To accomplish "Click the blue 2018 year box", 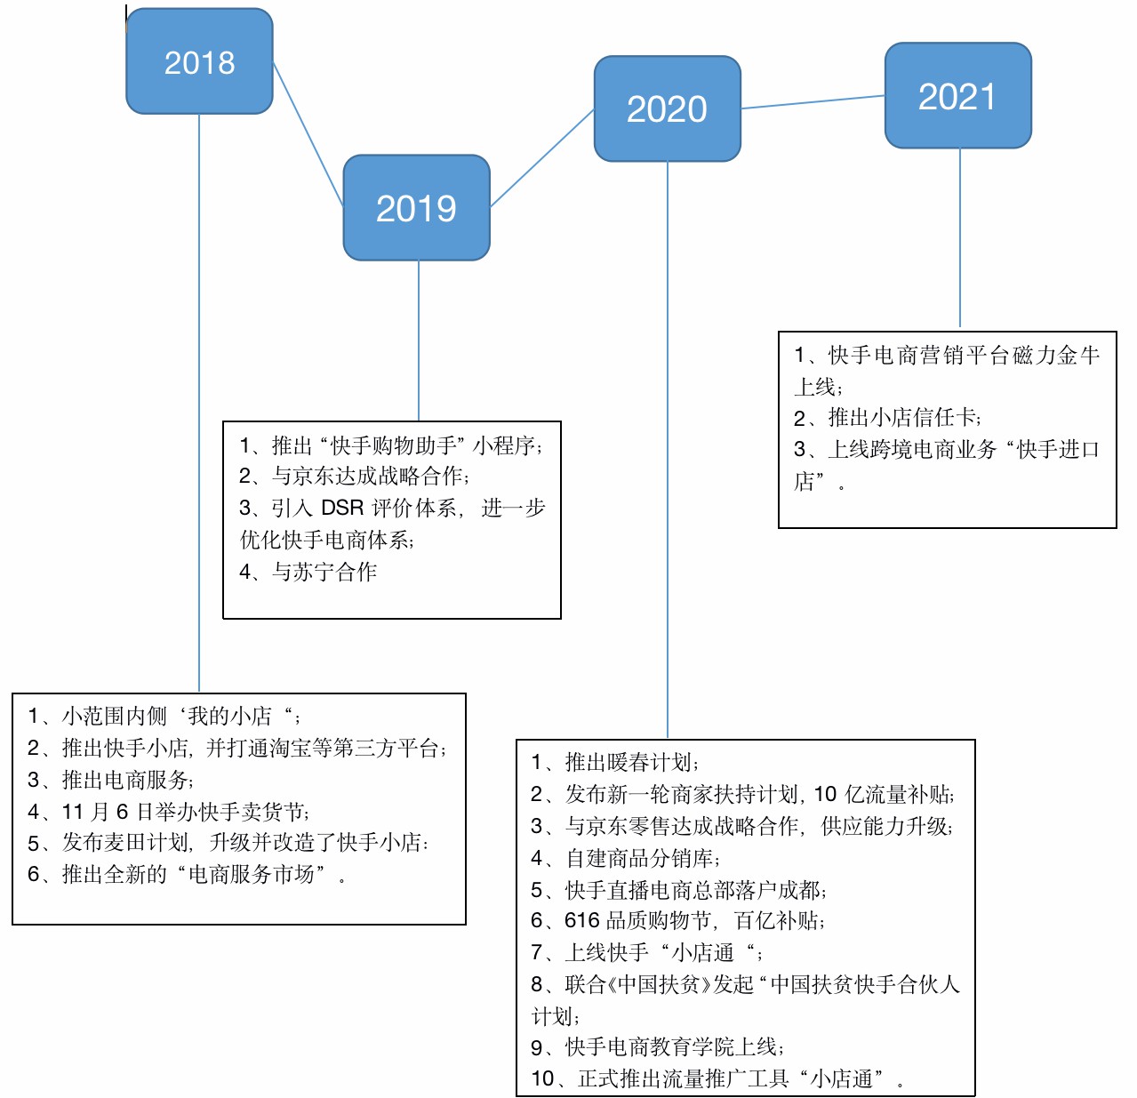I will coord(199,61).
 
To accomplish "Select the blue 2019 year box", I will coord(416,208).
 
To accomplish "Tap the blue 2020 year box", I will coord(667,108).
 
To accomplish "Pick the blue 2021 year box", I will coord(957,96).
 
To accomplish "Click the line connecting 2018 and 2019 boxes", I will coord(308,133).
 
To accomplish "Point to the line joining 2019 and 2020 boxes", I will coord(542,158).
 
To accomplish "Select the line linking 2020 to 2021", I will coord(813,102).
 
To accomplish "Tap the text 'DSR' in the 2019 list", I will coord(342,508).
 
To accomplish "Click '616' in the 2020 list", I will coord(582,920).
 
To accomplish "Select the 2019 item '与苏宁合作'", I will coord(324,572).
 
